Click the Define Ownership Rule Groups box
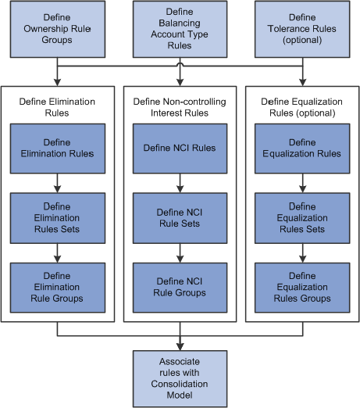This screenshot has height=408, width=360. click(58, 29)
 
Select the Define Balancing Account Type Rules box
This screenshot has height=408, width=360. click(180, 29)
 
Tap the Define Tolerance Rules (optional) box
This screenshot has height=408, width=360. click(302, 29)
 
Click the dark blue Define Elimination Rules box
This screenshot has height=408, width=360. click(58, 149)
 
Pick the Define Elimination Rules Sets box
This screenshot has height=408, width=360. click(58, 218)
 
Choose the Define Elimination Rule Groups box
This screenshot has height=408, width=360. click(58, 288)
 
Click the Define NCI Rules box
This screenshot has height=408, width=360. click(180, 149)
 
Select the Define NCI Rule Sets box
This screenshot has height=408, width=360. click(180, 218)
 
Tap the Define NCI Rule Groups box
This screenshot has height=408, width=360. click(180, 288)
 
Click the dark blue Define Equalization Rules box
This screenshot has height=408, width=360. click(302, 149)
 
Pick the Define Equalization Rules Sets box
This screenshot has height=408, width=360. click(302, 218)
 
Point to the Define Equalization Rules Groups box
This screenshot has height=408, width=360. click(302, 288)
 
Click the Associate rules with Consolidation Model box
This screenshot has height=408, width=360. click(180, 379)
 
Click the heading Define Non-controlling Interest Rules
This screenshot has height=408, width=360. click(180, 107)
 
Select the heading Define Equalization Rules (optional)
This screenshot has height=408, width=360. click(302, 107)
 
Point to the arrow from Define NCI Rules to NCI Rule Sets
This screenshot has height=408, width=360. click(180, 183)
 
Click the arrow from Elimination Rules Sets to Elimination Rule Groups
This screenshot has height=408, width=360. click(58, 253)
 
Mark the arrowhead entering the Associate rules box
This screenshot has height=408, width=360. click(180, 347)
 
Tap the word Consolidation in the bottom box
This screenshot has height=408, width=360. click(180, 384)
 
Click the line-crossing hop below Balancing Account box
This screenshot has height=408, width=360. click(180, 64)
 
